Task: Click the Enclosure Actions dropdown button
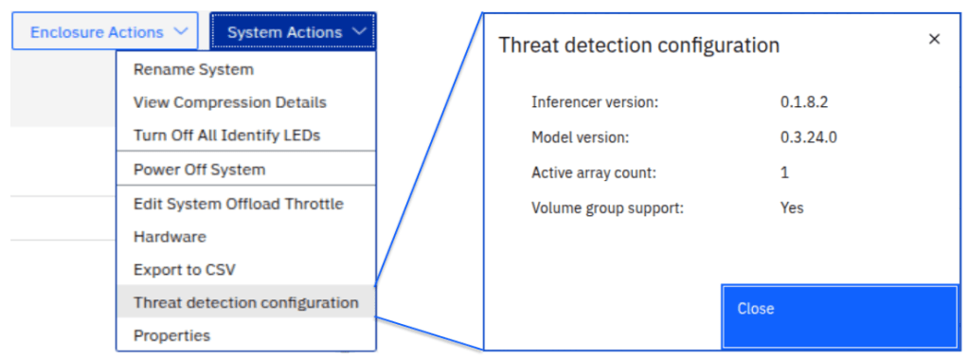click(105, 31)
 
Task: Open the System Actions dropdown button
click(293, 31)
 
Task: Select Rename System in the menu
click(193, 69)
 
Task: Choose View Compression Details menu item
click(230, 102)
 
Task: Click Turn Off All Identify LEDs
click(226, 135)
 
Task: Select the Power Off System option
click(200, 169)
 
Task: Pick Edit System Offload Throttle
click(239, 204)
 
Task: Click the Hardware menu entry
click(170, 236)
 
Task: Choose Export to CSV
click(185, 270)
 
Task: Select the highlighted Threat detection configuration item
click(246, 302)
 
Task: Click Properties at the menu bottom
click(171, 336)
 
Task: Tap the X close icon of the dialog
click(934, 40)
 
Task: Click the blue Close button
click(839, 316)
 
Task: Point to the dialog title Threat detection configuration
click(639, 45)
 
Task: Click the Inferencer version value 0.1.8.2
click(804, 102)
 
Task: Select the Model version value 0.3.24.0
click(809, 137)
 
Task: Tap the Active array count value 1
click(784, 172)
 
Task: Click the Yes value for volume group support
click(792, 207)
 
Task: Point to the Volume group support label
click(607, 207)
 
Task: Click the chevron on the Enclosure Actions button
click(181, 31)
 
